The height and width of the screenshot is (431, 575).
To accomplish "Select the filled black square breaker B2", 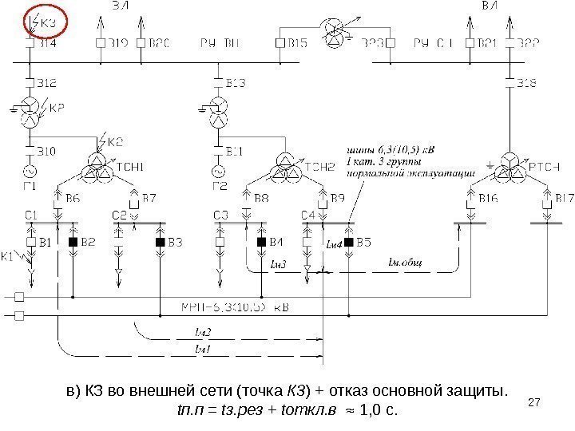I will coord(73,241).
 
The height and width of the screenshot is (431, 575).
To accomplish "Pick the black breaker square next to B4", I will coord(260,241).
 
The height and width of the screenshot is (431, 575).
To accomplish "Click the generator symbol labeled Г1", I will coord(32,171).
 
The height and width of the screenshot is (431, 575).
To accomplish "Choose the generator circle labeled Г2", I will coord(217,171).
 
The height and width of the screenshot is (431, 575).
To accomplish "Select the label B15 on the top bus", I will coord(299,42).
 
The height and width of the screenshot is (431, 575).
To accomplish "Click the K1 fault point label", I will coord(8,257).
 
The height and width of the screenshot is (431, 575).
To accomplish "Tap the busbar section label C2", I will coord(119,214).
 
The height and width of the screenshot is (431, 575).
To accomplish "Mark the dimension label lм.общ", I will coord(405,261).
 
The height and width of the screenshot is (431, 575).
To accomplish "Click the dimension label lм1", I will coord(202,349).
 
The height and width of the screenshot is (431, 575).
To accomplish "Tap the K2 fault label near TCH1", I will coord(115,142).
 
